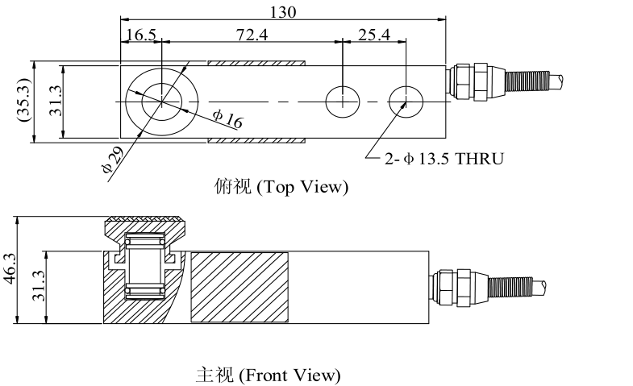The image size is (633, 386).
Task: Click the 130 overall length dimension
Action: point(283,12)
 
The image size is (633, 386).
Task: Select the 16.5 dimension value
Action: point(141,35)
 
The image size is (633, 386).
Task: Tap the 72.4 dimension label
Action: point(252,35)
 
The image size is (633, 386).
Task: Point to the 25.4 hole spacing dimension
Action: point(374,35)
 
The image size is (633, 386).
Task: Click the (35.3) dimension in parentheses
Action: point(24,100)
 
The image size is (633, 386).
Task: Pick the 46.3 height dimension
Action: point(10,268)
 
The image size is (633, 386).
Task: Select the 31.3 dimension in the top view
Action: point(56,102)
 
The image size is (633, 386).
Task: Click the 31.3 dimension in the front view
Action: point(39,286)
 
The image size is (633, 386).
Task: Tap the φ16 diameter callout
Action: point(228,118)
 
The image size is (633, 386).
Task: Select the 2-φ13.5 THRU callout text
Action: point(444,159)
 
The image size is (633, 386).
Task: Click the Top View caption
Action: point(281,187)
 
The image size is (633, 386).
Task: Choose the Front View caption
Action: point(269,375)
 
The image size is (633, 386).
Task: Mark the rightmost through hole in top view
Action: point(406,102)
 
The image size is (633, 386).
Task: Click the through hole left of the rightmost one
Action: point(343,102)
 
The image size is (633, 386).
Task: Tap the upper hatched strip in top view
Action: point(256,64)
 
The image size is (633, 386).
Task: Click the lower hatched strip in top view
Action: point(256,140)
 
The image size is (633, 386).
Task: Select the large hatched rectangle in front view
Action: point(239,287)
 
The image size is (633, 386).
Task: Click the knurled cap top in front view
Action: point(145,219)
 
